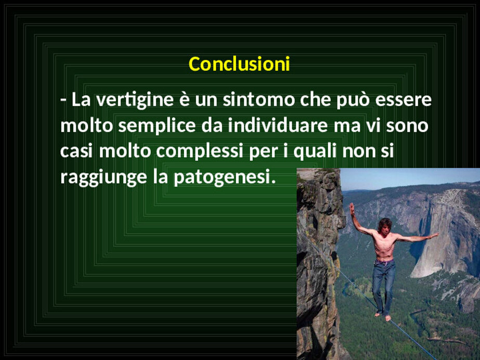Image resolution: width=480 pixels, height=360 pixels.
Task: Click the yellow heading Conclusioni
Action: tap(239, 64)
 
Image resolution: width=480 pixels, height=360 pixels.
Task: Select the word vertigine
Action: tap(135, 100)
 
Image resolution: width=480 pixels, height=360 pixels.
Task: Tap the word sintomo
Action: tap(258, 99)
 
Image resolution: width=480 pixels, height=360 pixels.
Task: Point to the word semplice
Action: tap(157, 126)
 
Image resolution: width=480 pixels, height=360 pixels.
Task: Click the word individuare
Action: tap(278, 125)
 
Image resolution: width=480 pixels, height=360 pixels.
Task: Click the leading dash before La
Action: tap(63, 100)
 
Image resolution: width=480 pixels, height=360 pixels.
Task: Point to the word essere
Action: tap(404, 100)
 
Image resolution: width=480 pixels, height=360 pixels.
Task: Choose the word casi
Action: tap(76, 151)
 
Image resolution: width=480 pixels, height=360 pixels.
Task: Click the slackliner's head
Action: tap(385, 225)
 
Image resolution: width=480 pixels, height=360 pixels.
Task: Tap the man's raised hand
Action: tap(352, 209)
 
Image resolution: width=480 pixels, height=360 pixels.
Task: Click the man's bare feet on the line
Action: tap(383, 316)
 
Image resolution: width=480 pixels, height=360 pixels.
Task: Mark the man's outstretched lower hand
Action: tap(434, 236)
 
